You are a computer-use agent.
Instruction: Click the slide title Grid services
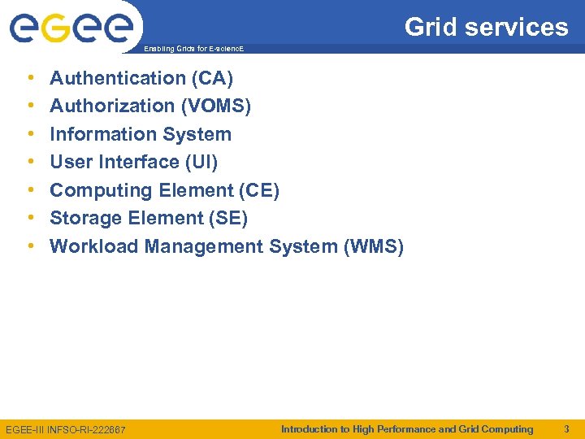486,27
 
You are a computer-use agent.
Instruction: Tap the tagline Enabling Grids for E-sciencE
193,50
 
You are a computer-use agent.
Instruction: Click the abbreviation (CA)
213,78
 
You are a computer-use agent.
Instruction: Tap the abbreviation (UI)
201,162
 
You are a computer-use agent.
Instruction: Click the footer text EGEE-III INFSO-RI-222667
66,429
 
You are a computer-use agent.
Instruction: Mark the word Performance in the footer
406,428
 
